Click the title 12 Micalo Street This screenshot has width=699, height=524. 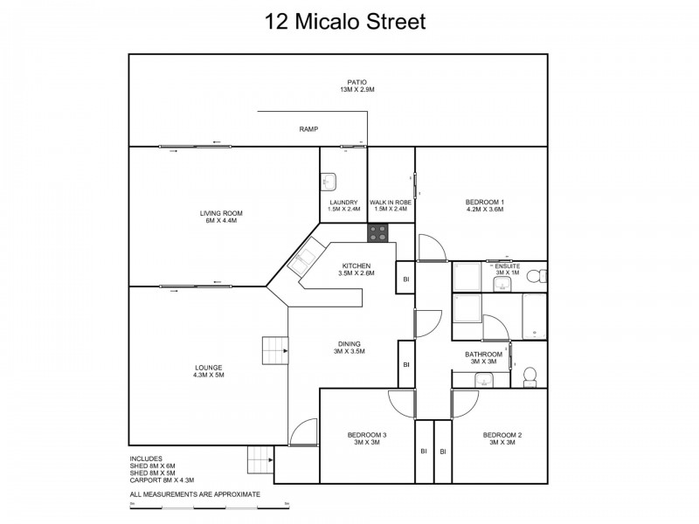pyautogui.click(x=345, y=21)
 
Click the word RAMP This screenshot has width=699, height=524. pyautogui.click(x=308, y=129)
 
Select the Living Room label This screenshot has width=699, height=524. pyautogui.click(x=220, y=217)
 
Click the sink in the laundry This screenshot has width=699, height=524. pyautogui.click(x=329, y=182)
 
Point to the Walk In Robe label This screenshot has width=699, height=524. pyautogui.click(x=390, y=205)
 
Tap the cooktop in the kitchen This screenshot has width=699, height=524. pyautogui.click(x=377, y=233)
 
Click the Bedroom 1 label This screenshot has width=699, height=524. pyautogui.click(x=485, y=205)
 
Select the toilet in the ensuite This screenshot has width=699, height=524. pyautogui.click(x=541, y=276)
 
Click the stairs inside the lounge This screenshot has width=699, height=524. pyautogui.click(x=275, y=353)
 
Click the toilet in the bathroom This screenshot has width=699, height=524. pyautogui.click(x=529, y=376)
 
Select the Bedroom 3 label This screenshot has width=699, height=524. pyautogui.click(x=367, y=438)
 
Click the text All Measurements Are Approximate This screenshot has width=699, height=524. pyautogui.click(x=195, y=494)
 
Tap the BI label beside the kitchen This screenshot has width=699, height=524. pyautogui.click(x=405, y=279)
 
